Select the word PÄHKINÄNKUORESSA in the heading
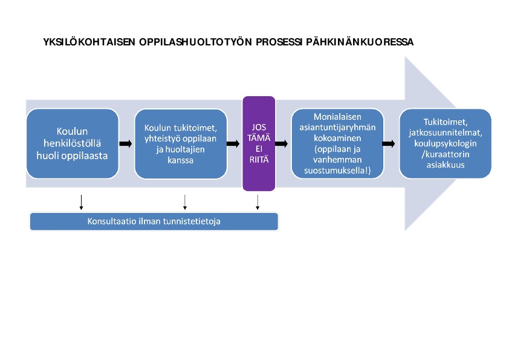[x=360, y=42]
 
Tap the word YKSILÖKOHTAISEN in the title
[x=89, y=42]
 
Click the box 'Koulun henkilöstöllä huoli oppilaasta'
[x=73, y=143]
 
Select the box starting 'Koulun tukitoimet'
[x=181, y=143]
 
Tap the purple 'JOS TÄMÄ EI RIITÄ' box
[x=259, y=143]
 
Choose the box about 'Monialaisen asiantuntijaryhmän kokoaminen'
[x=337, y=143]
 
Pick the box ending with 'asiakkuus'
[x=446, y=143]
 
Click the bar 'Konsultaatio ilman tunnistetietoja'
[x=154, y=221]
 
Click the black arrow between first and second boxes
[x=126, y=143]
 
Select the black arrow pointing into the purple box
[x=233, y=143]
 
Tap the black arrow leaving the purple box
[x=282, y=143]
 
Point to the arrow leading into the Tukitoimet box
[x=389, y=143]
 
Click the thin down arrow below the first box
[x=81, y=203]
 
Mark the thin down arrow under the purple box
[x=258, y=203]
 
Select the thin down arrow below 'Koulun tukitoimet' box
[x=185, y=203]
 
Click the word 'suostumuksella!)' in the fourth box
[x=337, y=171]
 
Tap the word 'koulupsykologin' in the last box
[x=446, y=143]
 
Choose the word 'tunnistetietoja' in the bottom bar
[x=192, y=221]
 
